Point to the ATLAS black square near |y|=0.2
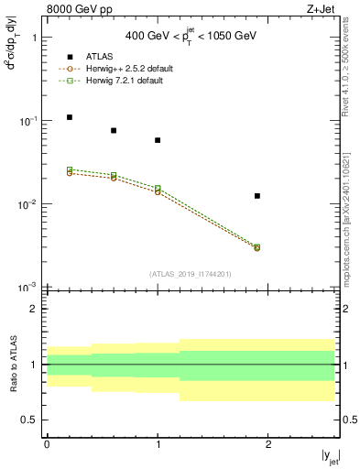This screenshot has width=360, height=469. click(x=70, y=117)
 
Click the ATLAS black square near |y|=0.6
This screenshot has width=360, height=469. click(x=114, y=130)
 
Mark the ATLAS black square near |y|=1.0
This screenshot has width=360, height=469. click(x=158, y=140)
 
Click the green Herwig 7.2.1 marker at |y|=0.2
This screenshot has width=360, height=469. click(x=70, y=169)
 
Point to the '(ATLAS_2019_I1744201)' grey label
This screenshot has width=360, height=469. click(x=191, y=274)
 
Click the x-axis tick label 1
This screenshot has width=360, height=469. click(x=158, y=445)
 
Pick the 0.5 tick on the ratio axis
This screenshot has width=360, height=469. click(x=31, y=420)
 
